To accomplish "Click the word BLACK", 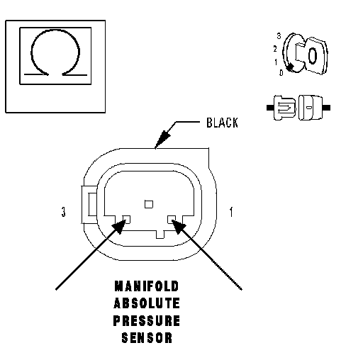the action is click(222, 123).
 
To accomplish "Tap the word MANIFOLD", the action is click(147, 286).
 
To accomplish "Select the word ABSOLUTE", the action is click(147, 303).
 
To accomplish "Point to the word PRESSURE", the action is click(147, 320).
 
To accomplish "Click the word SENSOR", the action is click(147, 338).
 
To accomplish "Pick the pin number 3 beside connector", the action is click(63, 212).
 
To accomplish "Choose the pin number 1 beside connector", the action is click(231, 212).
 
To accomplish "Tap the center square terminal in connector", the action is click(149, 204).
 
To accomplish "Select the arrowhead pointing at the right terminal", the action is click(179, 226).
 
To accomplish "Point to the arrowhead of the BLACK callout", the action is click(162, 140).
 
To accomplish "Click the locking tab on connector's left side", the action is click(89, 205).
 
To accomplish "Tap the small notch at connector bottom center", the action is click(160, 235).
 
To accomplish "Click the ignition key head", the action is click(315, 56).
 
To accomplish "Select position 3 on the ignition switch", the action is click(279, 36).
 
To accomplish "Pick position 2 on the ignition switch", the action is click(275, 49).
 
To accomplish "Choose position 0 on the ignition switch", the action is click(281, 72).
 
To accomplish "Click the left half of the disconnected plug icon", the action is click(281, 108).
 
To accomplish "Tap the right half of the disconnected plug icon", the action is click(314, 108).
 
